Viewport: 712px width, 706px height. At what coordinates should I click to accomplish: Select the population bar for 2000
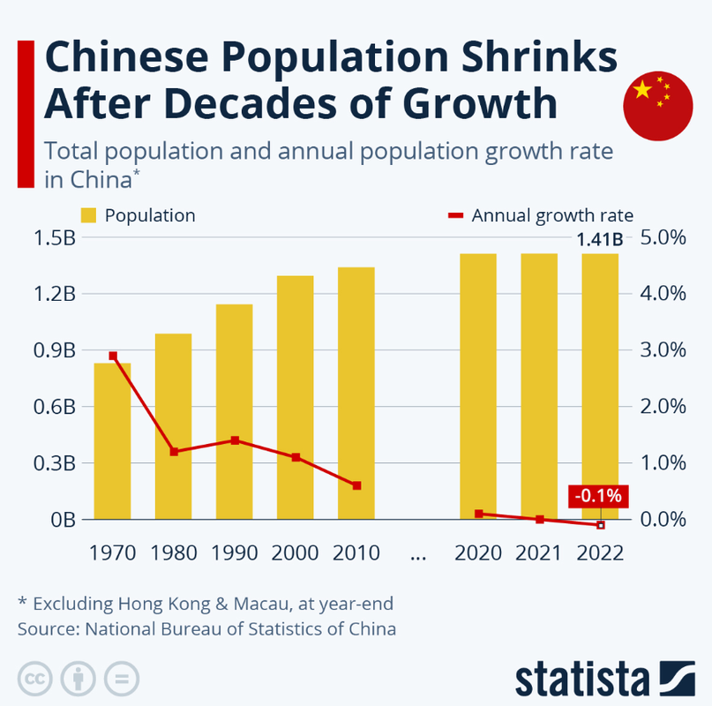295,397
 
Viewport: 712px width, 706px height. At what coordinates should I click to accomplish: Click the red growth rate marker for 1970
113,356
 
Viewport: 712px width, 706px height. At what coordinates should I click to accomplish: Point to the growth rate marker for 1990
235,439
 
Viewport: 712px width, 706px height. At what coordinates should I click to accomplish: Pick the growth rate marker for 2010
356,485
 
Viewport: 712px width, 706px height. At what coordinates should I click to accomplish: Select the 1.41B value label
600,239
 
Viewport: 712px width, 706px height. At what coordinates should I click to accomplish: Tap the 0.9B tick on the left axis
55,350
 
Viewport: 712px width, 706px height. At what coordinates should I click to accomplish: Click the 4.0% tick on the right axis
662,294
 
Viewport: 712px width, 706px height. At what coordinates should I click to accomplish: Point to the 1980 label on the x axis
174,553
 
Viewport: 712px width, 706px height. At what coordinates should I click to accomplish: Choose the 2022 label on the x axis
600,553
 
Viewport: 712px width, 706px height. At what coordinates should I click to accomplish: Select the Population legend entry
138,215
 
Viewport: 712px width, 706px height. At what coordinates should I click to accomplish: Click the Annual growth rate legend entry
540,215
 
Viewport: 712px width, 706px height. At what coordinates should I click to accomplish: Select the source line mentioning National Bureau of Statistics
206,629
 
